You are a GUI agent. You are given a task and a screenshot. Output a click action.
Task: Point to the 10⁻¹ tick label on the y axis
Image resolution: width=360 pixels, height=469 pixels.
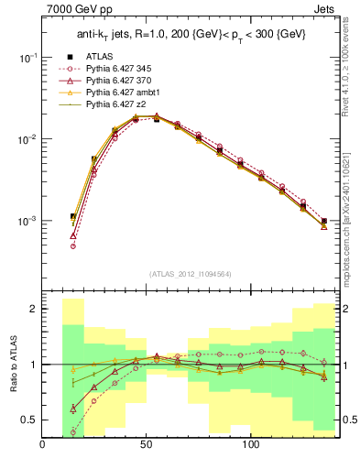click(x=25, y=57)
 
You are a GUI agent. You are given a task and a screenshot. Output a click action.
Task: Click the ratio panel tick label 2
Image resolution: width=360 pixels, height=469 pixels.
click(x=31, y=310)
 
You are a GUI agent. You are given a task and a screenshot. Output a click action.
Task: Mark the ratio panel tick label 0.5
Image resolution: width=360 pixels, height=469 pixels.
click(x=27, y=420)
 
